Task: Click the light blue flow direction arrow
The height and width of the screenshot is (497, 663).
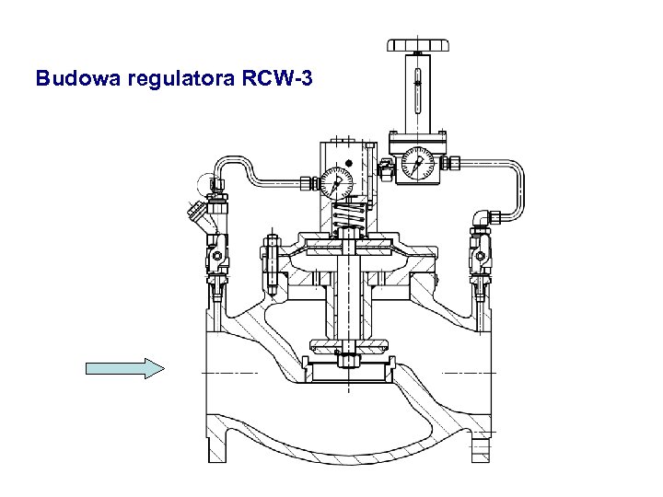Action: [124, 369]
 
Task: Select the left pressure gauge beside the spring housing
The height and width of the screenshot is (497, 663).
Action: [338, 180]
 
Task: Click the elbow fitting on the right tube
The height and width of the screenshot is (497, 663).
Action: [484, 217]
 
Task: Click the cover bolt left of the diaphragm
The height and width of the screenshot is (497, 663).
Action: [272, 255]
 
